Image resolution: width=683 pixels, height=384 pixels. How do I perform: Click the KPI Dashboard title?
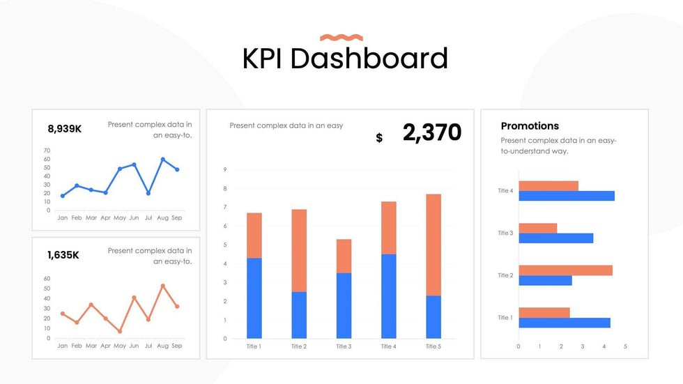tap(344, 58)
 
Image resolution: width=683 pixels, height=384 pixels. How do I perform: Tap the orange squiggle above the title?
tap(341, 38)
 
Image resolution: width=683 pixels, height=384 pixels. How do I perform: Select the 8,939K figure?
tap(65, 129)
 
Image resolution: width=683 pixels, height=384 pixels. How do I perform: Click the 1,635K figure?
tap(63, 255)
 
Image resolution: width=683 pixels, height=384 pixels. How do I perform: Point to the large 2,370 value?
tap(432, 132)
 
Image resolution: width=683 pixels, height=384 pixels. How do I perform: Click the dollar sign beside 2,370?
tap(379, 138)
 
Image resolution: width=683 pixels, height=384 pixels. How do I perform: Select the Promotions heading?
tap(530, 126)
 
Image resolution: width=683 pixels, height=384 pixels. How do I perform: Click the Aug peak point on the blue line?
tap(163, 160)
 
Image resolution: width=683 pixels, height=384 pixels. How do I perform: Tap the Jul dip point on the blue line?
tap(148, 193)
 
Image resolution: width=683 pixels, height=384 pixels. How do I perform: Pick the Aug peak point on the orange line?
tap(163, 286)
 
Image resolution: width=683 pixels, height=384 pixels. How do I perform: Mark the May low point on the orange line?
tap(120, 331)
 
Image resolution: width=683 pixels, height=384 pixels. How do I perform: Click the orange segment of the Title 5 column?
tap(433, 245)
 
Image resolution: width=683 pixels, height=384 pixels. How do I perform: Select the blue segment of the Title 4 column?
tap(389, 296)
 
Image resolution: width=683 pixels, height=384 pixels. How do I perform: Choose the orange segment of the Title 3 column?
tap(344, 256)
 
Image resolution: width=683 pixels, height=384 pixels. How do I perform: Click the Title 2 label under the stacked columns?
tap(298, 346)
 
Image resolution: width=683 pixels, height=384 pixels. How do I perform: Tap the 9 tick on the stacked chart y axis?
tap(225, 169)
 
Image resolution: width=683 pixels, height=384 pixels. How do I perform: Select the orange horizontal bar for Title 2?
tap(565, 270)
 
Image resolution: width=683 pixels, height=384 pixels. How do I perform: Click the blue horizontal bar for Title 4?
tap(567, 196)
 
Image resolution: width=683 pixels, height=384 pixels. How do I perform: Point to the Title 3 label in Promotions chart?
tap(505, 233)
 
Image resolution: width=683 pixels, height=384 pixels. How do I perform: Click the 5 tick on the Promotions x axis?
tap(625, 346)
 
